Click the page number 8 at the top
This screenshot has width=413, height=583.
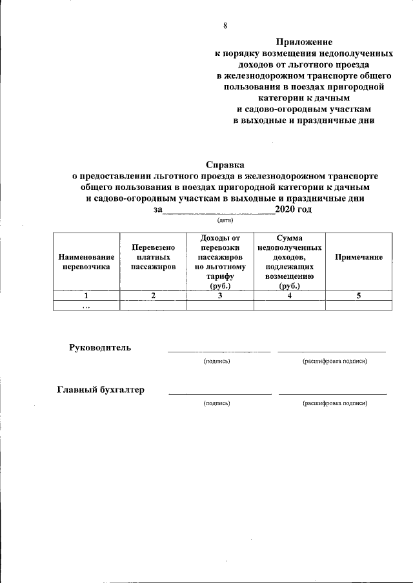point(225,26)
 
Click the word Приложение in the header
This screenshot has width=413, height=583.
point(303,42)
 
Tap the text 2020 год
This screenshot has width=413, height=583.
point(294,209)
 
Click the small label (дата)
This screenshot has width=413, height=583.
point(225,220)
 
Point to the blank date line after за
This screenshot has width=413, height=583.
point(218,211)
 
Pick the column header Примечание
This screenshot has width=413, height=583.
point(359,257)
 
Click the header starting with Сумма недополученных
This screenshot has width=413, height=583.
point(290,262)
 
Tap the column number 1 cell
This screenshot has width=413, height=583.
point(86,296)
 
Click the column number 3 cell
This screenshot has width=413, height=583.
point(220,296)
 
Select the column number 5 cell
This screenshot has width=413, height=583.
point(359,296)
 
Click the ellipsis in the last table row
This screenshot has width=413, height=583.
point(86,307)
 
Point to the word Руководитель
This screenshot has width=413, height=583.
point(100,348)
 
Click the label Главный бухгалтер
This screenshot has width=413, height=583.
point(101,390)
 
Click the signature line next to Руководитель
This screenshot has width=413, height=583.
point(219,351)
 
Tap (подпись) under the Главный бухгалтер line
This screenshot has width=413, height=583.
point(217,403)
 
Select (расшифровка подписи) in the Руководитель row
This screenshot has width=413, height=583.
point(334,361)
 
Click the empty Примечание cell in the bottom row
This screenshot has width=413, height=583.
point(359,306)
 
